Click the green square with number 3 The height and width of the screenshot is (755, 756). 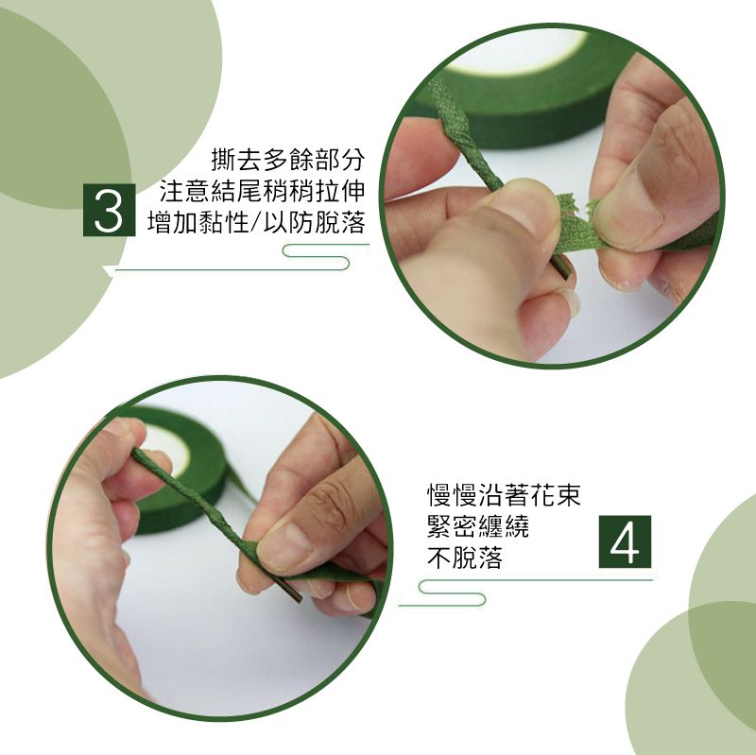tap(109, 210)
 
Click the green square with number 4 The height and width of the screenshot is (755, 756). tap(625, 541)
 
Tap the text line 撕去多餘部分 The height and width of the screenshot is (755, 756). tap(288, 160)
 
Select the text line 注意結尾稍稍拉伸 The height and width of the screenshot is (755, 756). tap(263, 191)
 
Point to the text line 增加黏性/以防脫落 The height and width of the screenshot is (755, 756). tap(256, 222)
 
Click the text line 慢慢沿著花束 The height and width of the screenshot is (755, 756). tap(504, 494)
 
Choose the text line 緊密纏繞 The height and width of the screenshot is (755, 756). tap(478, 526)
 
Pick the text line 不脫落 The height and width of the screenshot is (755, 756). tap(465, 558)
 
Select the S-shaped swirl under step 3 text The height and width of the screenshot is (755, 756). tap(316, 257)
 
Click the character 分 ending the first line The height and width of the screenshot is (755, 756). tap(352, 160)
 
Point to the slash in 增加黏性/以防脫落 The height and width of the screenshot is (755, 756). tap(257, 223)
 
